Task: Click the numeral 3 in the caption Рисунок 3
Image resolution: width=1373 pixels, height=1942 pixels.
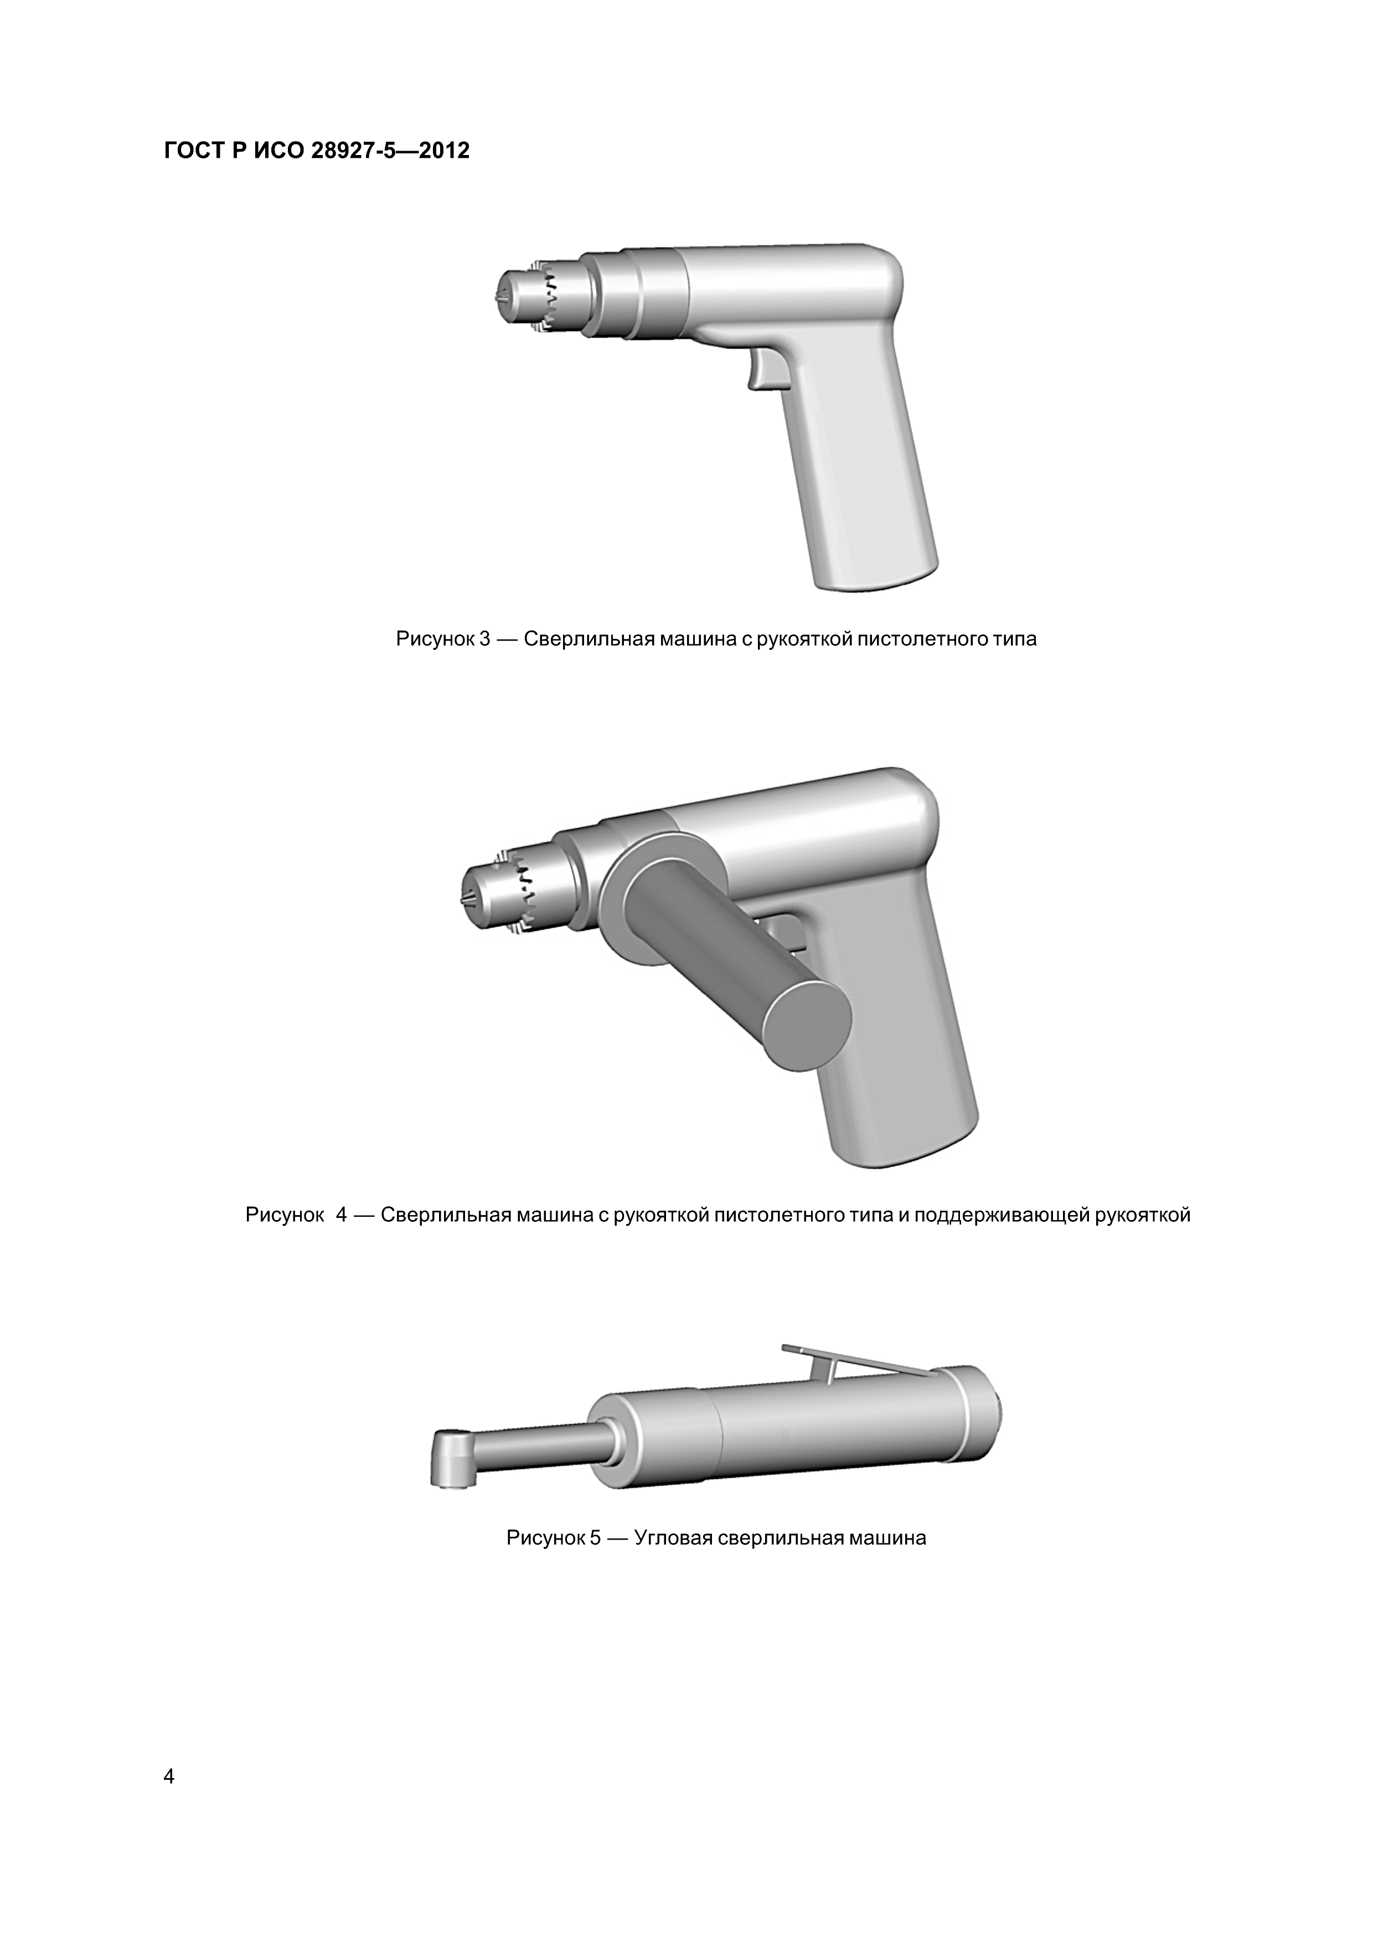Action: pos(485,639)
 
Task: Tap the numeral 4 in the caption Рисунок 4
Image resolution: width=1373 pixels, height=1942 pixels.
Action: pos(341,1216)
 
